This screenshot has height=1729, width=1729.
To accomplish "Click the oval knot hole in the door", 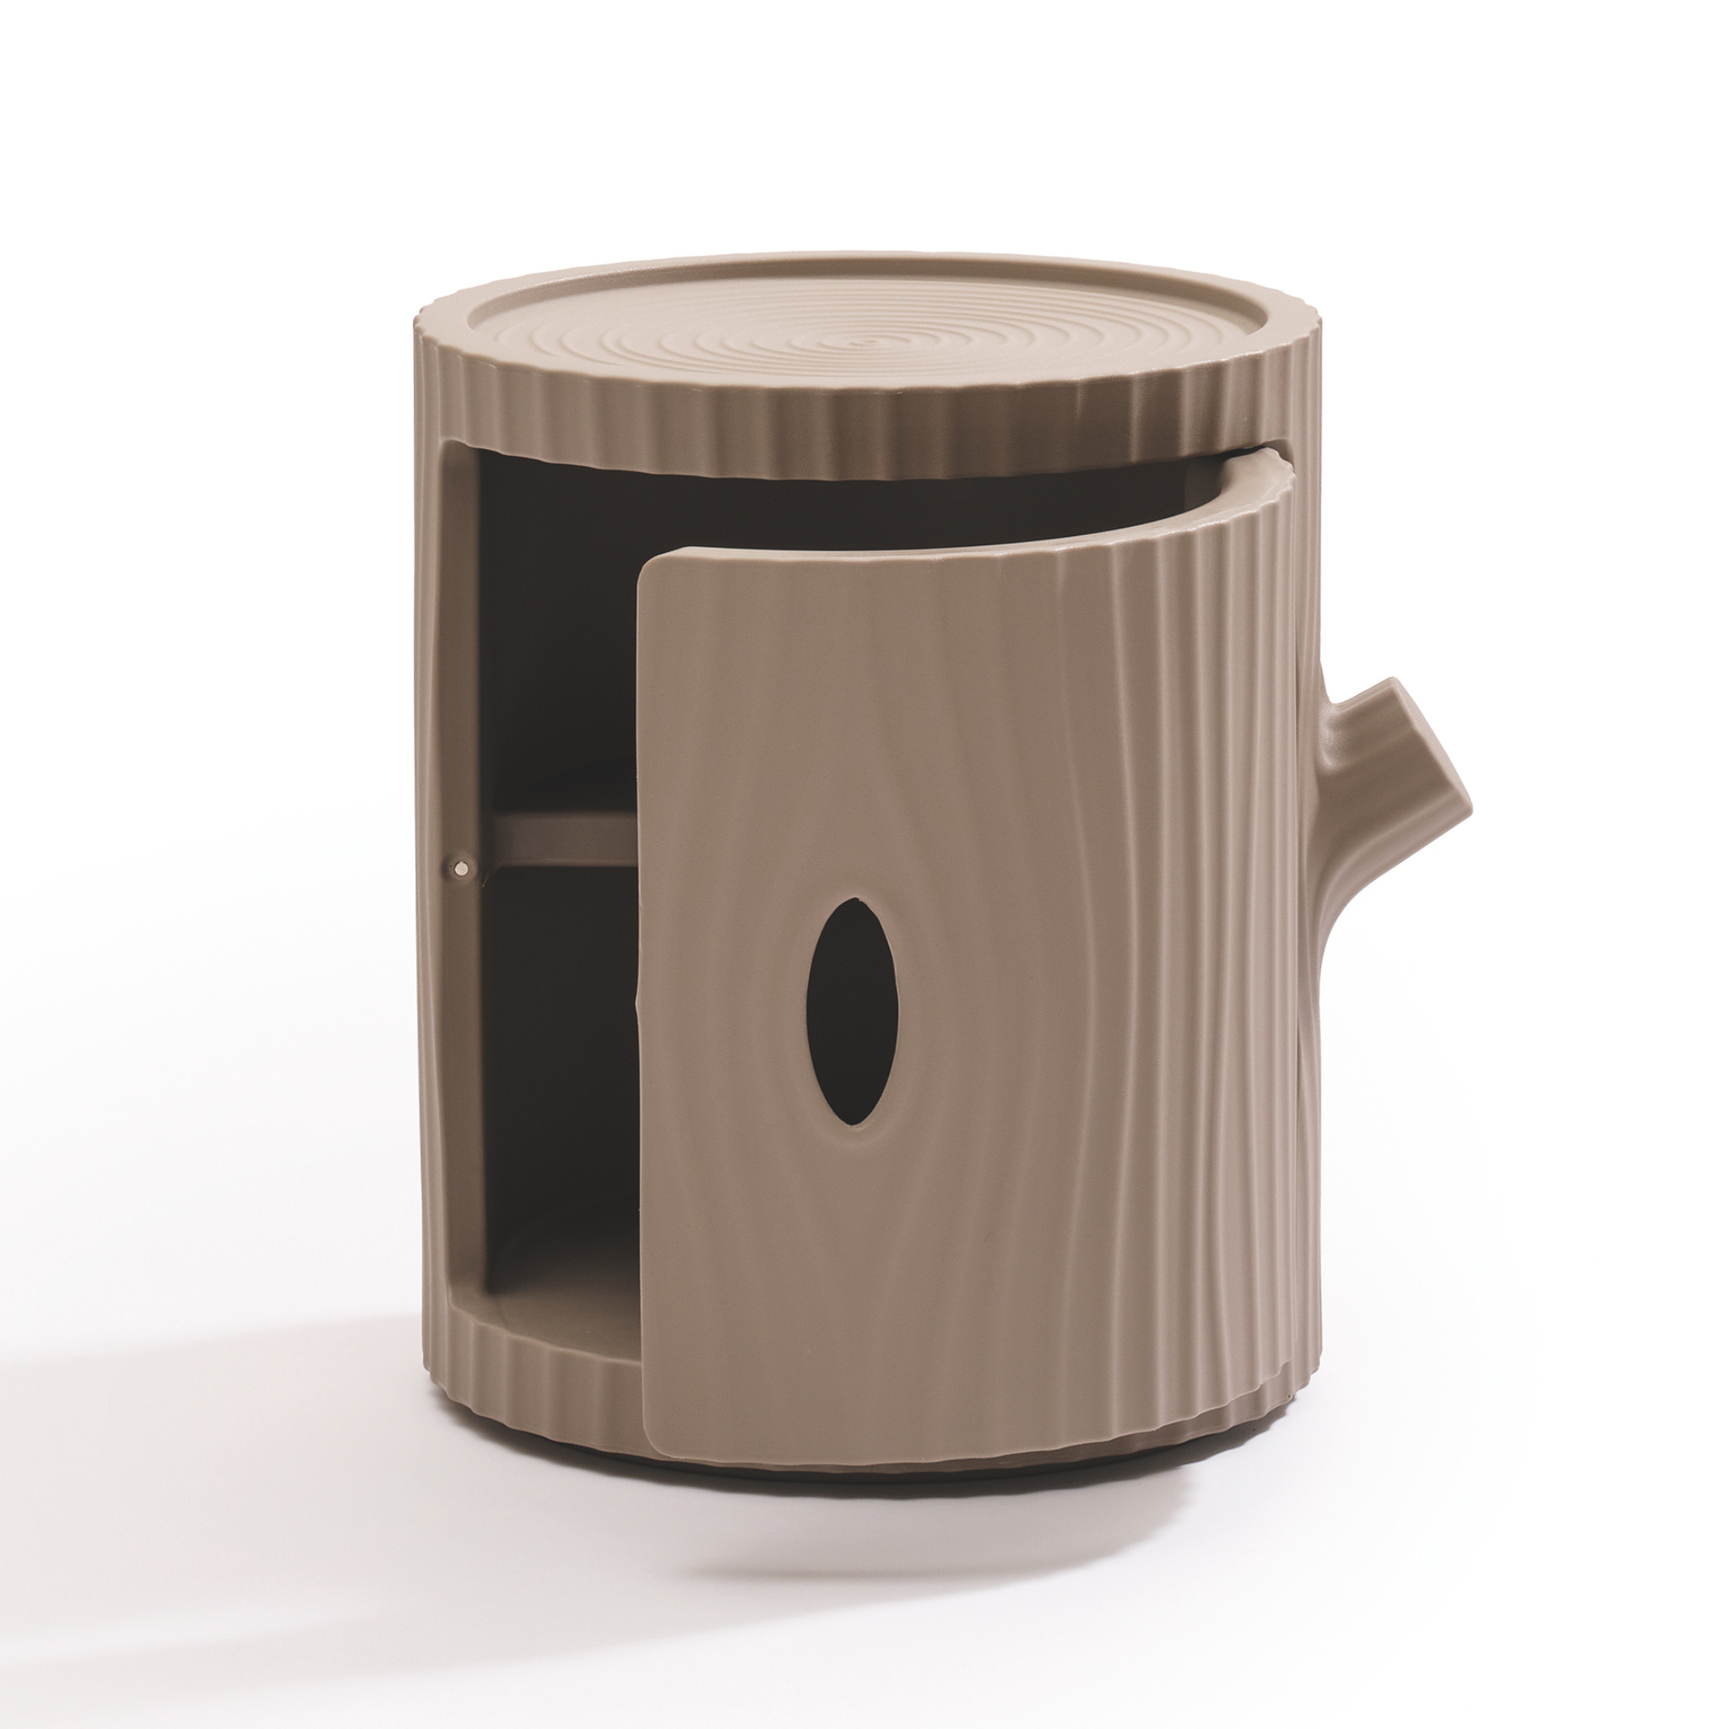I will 852,1011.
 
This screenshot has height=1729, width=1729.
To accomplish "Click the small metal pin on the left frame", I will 462,866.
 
